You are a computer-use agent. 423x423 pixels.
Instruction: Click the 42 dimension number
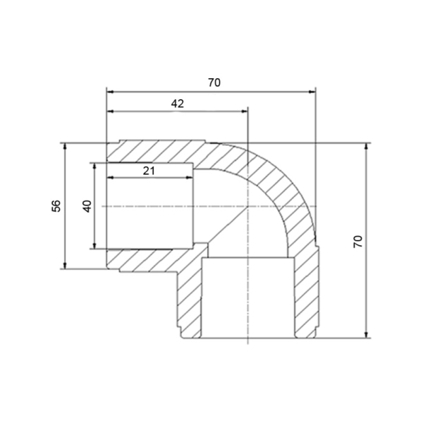coord(178,104)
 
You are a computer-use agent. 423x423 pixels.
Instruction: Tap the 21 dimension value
coord(149,171)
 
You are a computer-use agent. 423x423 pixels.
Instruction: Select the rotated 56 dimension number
coord(56,206)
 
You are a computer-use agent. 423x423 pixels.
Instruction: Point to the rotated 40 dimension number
coord(87,206)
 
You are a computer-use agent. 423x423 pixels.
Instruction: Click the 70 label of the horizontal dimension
coord(214,82)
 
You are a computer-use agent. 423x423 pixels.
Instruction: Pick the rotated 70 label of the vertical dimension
coord(358,241)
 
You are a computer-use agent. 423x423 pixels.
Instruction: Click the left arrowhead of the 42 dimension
coord(111,111)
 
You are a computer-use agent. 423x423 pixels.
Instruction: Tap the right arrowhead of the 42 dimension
coord(244,111)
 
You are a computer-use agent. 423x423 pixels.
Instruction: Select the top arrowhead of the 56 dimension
coord(65,147)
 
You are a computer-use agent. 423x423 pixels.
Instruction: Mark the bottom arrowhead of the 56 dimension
coord(65,266)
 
